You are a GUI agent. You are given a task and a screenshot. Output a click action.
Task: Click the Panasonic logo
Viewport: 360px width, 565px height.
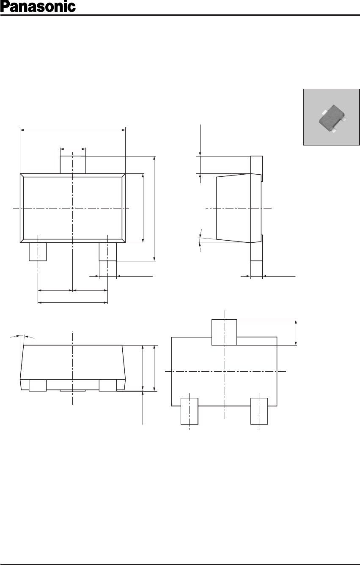coord(38,7)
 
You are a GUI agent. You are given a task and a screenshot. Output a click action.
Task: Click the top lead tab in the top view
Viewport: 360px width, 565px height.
coord(73,165)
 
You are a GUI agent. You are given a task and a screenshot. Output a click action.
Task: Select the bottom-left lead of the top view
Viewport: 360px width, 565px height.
coord(38,252)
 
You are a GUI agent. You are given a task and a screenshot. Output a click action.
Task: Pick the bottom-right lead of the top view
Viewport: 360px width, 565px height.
coord(108,252)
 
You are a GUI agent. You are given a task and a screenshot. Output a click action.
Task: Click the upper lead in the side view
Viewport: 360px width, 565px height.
coord(256,168)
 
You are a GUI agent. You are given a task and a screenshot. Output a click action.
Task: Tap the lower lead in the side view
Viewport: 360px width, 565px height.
coord(256,248)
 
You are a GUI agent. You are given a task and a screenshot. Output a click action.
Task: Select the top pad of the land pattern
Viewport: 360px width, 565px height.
coord(224,332)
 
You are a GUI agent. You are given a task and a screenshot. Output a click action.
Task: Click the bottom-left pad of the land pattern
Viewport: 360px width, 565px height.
coord(190,411)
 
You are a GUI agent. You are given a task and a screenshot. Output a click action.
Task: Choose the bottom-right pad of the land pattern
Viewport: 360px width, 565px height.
coord(259,411)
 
